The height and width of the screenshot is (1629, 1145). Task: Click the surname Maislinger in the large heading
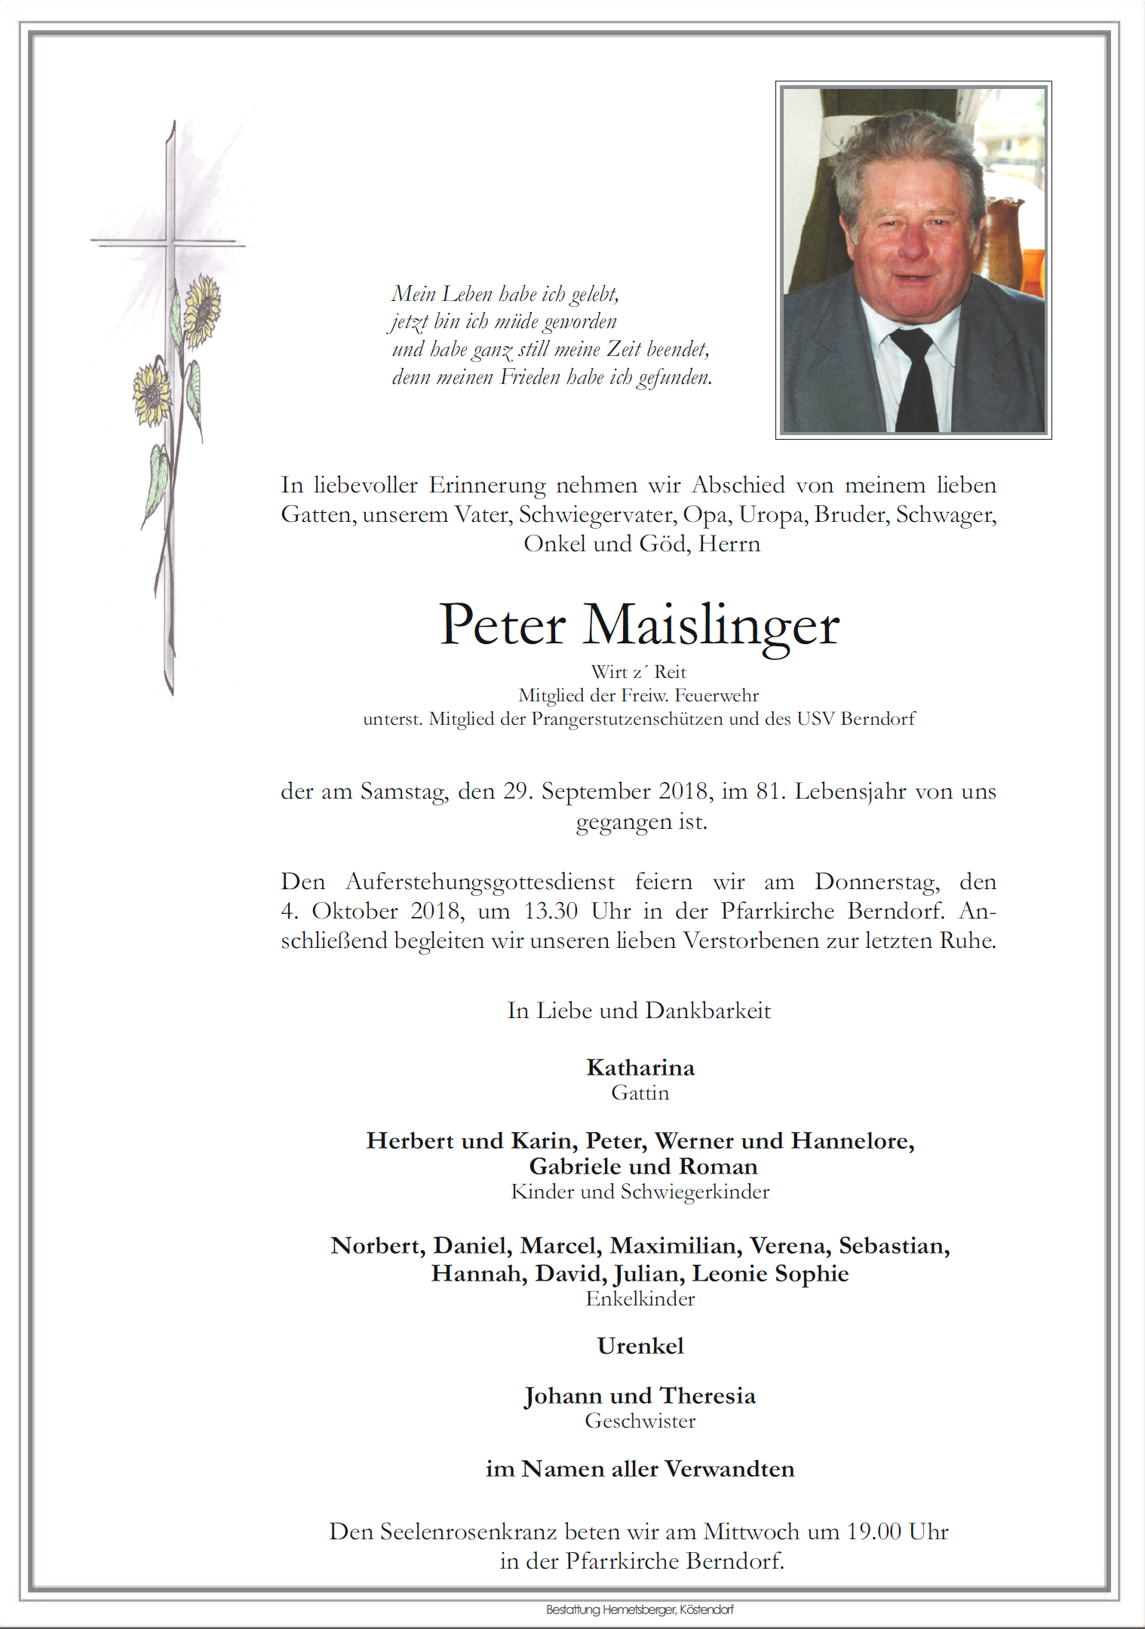[711, 626]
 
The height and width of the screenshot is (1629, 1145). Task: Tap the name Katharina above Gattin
[640, 1068]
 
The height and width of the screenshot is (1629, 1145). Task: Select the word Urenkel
[640, 1346]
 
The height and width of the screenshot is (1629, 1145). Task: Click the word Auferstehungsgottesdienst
[480, 882]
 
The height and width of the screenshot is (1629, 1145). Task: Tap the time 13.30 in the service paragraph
[551, 911]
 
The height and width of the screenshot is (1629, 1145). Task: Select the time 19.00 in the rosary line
[873, 1532]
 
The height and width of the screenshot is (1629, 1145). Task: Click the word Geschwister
[640, 1421]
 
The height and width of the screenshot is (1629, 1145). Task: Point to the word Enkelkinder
[640, 1299]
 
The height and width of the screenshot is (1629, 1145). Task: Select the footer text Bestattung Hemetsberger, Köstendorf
[640, 1609]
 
